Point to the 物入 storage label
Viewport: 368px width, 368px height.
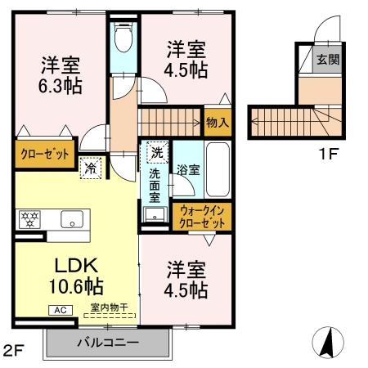click(217, 123)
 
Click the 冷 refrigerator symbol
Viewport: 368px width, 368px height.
click(89, 168)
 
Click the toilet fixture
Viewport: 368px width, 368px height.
click(124, 37)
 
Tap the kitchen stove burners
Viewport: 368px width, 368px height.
click(28, 219)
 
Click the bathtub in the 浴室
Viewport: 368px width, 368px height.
click(218, 164)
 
